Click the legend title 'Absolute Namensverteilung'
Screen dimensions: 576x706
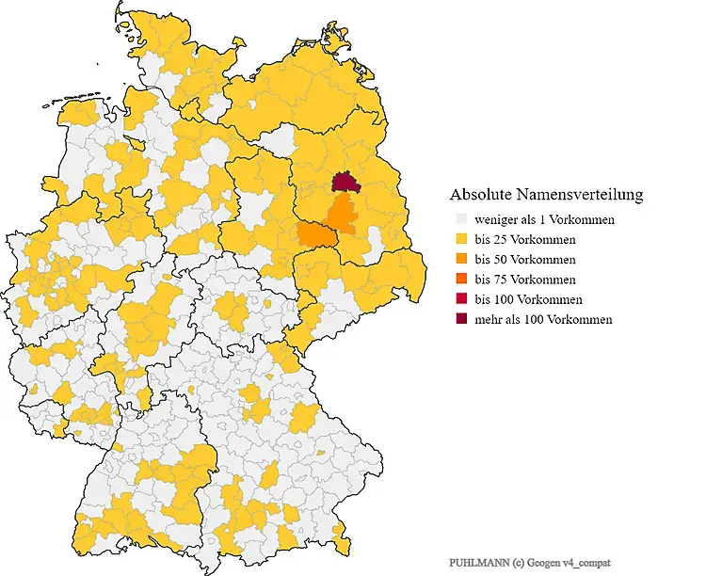pyautogui.click(x=546, y=196)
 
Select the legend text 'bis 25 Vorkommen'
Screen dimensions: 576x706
pyautogui.click(x=525, y=240)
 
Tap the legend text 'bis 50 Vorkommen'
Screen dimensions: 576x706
pyautogui.click(x=525, y=260)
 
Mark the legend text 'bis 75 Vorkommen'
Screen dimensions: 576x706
pyautogui.click(x=525, y=280)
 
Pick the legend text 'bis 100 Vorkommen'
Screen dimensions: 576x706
pyautogui.click(x=528, y=299)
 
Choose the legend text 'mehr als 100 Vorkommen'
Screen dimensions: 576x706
pyautogui.click(x=543, y=320)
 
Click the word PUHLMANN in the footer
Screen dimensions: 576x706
pyautogui.click(x=475, y=561)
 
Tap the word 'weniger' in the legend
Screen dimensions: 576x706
pyautogui.click(x=496, y=220)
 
